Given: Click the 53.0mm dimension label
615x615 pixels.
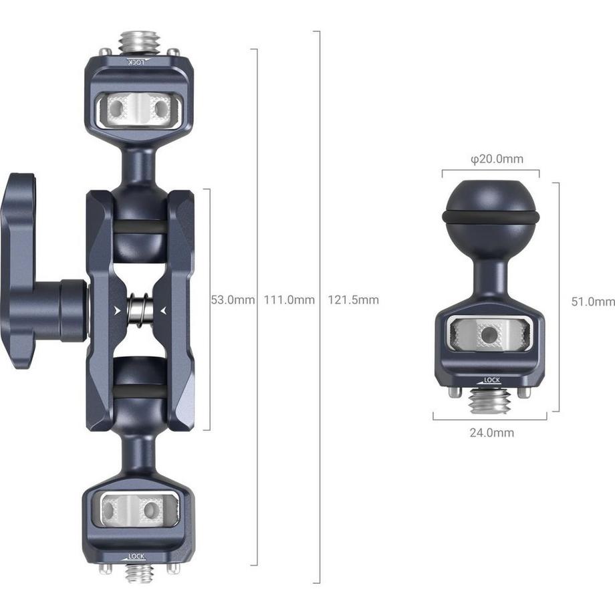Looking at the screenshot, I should click(x=233, y=300).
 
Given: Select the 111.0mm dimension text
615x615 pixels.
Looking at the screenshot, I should click(x=289, y=300).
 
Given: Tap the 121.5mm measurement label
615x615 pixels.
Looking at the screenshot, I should click(x=353, y=300).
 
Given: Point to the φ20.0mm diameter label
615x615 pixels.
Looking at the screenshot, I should click(x=496, y=159).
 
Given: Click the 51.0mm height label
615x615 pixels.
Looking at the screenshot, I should click(x=592, y=301).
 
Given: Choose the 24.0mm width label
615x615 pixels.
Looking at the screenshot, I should click(x=491, y=433).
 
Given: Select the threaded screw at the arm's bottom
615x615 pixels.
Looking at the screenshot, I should click(x=139, y=572).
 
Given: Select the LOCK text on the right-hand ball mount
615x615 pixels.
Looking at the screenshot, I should click(x=491, y=380).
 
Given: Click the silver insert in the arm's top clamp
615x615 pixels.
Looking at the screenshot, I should click(x=139, y=106).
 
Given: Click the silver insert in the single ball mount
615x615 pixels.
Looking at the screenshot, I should click(x=491, y=334).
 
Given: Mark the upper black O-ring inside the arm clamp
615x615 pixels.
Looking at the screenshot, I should click(x=139, y=227).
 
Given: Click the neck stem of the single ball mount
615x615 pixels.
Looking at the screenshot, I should click(x=491, y=275).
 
